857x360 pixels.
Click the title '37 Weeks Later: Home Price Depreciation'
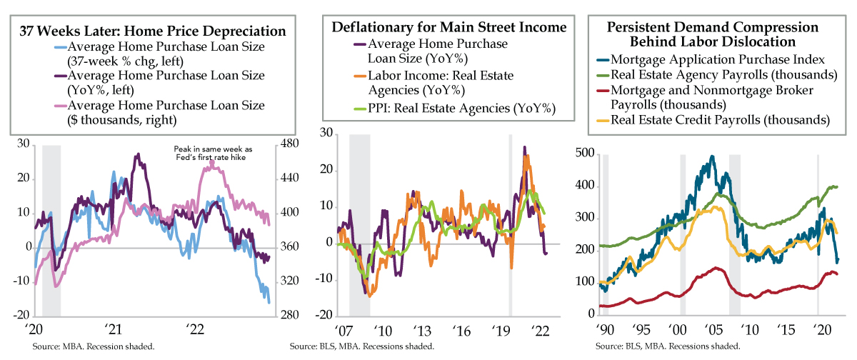pyautogui.click(x=154, y=31)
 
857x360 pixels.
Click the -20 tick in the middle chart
pyautogui.click(x=325, y=315)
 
